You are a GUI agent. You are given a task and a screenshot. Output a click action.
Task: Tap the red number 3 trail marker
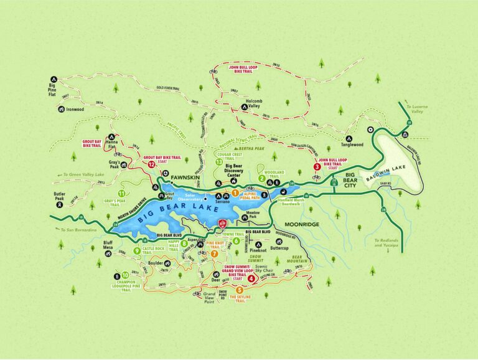point(317,166)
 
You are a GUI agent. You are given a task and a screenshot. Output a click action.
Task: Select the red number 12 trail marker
point(152,165)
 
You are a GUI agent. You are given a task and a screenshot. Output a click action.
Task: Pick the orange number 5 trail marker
point(240,290)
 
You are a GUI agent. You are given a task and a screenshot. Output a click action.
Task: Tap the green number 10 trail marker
point(126,275)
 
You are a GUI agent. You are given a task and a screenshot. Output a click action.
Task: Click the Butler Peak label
point(60,197)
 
